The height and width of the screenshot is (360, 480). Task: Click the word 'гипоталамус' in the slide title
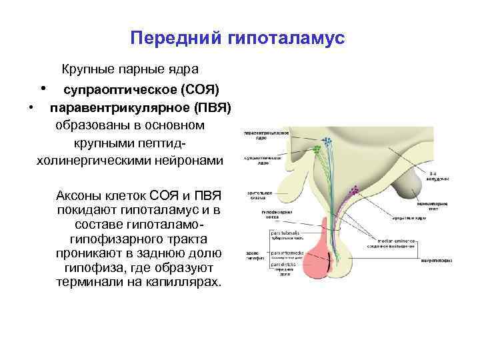tap(287, 39)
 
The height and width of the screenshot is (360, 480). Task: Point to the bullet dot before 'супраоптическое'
tap(43, 87)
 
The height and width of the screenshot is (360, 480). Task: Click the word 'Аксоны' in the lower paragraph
tap(82, 196)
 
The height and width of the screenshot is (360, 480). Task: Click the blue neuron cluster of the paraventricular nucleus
tap(327, 141)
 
